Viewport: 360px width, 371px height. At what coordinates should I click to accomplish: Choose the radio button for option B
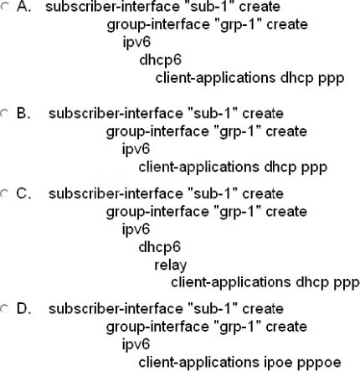pos(5,113)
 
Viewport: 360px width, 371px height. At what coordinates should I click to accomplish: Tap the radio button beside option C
pos(5,193)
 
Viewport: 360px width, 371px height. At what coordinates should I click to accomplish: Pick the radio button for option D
pos(5,308)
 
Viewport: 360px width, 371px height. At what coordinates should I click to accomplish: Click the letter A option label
pos(23,7)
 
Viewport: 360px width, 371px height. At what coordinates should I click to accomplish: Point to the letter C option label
pos(23,193)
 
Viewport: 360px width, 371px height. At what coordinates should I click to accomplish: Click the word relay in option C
pos(171,265)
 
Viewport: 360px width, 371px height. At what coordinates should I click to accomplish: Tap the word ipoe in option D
pos(278,363)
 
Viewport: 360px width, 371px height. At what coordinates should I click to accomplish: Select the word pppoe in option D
pos(319,363)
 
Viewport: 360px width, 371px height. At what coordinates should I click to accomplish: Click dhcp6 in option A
pos(161,59)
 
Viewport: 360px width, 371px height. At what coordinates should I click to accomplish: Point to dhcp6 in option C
pos(160,247)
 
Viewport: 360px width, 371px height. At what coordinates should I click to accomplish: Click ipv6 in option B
pos(136,149)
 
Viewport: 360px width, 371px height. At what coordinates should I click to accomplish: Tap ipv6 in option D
pos(136,344)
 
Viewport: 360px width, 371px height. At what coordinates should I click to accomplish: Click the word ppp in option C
pos(347,283)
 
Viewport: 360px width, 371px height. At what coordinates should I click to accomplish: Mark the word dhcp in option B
pos(280,167)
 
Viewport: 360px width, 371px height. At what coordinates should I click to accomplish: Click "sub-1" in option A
pos(212,7)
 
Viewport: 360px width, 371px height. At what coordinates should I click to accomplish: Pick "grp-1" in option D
pos(238,327)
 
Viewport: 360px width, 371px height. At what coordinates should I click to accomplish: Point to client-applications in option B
pos(199,167)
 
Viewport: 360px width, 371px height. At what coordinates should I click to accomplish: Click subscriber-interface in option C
pos(116,193)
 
